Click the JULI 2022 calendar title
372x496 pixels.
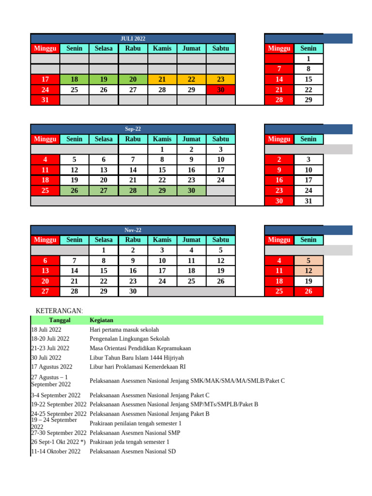[133, 38]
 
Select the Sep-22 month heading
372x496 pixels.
[133, 129]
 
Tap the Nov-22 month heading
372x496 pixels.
[133, 230]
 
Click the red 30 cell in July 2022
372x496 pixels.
[221, 90]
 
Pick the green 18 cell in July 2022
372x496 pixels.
[74, 79]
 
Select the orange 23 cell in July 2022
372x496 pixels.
[221, 79]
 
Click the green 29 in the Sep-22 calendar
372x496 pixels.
[162, 190]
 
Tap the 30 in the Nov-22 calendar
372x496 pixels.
[133, 291]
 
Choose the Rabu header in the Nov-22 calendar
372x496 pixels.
[133, 240]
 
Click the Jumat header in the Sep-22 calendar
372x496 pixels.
[191, 139]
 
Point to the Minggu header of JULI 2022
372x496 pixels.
[45, 48]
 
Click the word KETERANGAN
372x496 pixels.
[59, 310]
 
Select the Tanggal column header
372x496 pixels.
[60, 320]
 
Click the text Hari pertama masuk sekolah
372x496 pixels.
[124, 329]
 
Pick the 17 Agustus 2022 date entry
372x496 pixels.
[52, 367]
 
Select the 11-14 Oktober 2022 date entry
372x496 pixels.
[56, 451]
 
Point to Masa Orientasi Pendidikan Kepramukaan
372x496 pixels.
[140, 348]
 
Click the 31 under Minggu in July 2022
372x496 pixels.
[45, 100]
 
